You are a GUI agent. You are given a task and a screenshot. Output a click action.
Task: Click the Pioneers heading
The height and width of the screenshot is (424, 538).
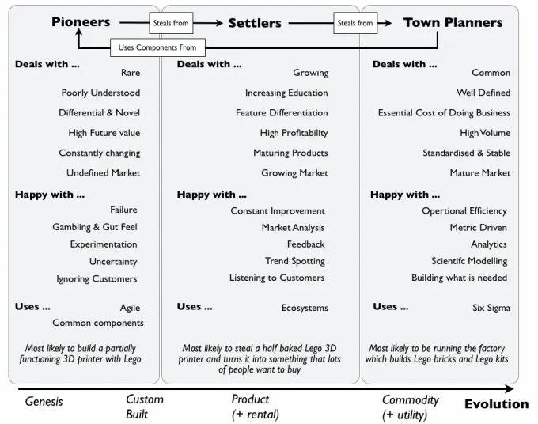pos(81,22)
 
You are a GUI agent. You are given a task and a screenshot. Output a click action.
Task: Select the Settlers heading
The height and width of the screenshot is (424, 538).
pos(255,23)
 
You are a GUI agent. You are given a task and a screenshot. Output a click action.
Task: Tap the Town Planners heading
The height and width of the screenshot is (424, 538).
pos(453,22)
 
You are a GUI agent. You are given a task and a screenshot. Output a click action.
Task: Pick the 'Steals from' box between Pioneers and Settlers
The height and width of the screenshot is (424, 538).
pos(170,23)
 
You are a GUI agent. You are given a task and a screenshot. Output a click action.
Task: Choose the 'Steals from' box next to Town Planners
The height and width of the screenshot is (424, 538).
pos(354,23)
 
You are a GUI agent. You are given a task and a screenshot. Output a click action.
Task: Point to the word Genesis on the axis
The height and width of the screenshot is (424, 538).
pos(44,401)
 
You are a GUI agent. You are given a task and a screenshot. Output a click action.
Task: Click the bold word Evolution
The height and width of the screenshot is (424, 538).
pos(496,403)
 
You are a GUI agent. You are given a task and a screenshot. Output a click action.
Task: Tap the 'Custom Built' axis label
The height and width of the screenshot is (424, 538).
pos(145,407)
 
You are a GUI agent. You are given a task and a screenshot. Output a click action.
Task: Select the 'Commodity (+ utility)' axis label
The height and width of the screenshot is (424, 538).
pos(410,407)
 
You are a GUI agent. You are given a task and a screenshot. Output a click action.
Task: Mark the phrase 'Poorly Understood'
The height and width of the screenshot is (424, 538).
pos(100,93)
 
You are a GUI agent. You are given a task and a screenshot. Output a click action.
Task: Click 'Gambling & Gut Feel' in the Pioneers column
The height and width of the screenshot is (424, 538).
pos(95,227)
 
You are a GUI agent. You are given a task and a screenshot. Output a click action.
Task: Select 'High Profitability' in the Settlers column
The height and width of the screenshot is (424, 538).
pos(294,133)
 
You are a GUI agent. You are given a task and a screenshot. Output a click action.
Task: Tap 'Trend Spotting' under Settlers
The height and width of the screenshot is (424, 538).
pos(295,261)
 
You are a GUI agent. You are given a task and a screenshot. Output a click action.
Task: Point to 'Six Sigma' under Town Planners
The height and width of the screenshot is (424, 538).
pos(491,308)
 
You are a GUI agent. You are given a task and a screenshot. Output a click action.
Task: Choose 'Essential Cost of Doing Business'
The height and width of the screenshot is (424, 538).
pos(444,113)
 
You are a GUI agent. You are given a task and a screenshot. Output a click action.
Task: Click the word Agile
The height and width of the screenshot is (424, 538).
pos(130,308)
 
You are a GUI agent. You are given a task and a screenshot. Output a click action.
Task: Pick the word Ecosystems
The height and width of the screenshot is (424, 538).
pos(305,308)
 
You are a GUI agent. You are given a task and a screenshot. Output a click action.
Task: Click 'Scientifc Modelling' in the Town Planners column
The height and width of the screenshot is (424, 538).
pos(469,261)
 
